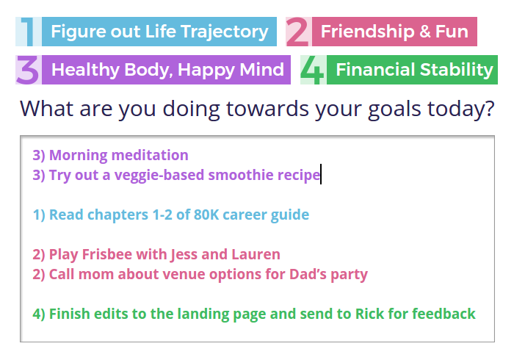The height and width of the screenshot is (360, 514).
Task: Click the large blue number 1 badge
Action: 28,32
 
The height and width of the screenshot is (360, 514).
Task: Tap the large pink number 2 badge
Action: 298,32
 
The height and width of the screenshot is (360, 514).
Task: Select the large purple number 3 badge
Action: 28,70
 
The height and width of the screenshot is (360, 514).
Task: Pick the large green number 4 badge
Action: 313,70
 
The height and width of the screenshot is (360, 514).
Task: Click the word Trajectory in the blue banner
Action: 225,32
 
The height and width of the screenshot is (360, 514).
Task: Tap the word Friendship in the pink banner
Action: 367,32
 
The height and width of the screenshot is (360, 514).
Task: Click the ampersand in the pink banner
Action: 424,32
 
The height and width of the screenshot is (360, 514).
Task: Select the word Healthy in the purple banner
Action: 85,71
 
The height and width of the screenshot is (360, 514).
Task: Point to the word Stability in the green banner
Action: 456,70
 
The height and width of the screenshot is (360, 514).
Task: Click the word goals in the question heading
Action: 394,109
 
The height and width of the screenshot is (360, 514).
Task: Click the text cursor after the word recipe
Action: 321,174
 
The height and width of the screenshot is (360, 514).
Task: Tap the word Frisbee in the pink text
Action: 107,254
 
